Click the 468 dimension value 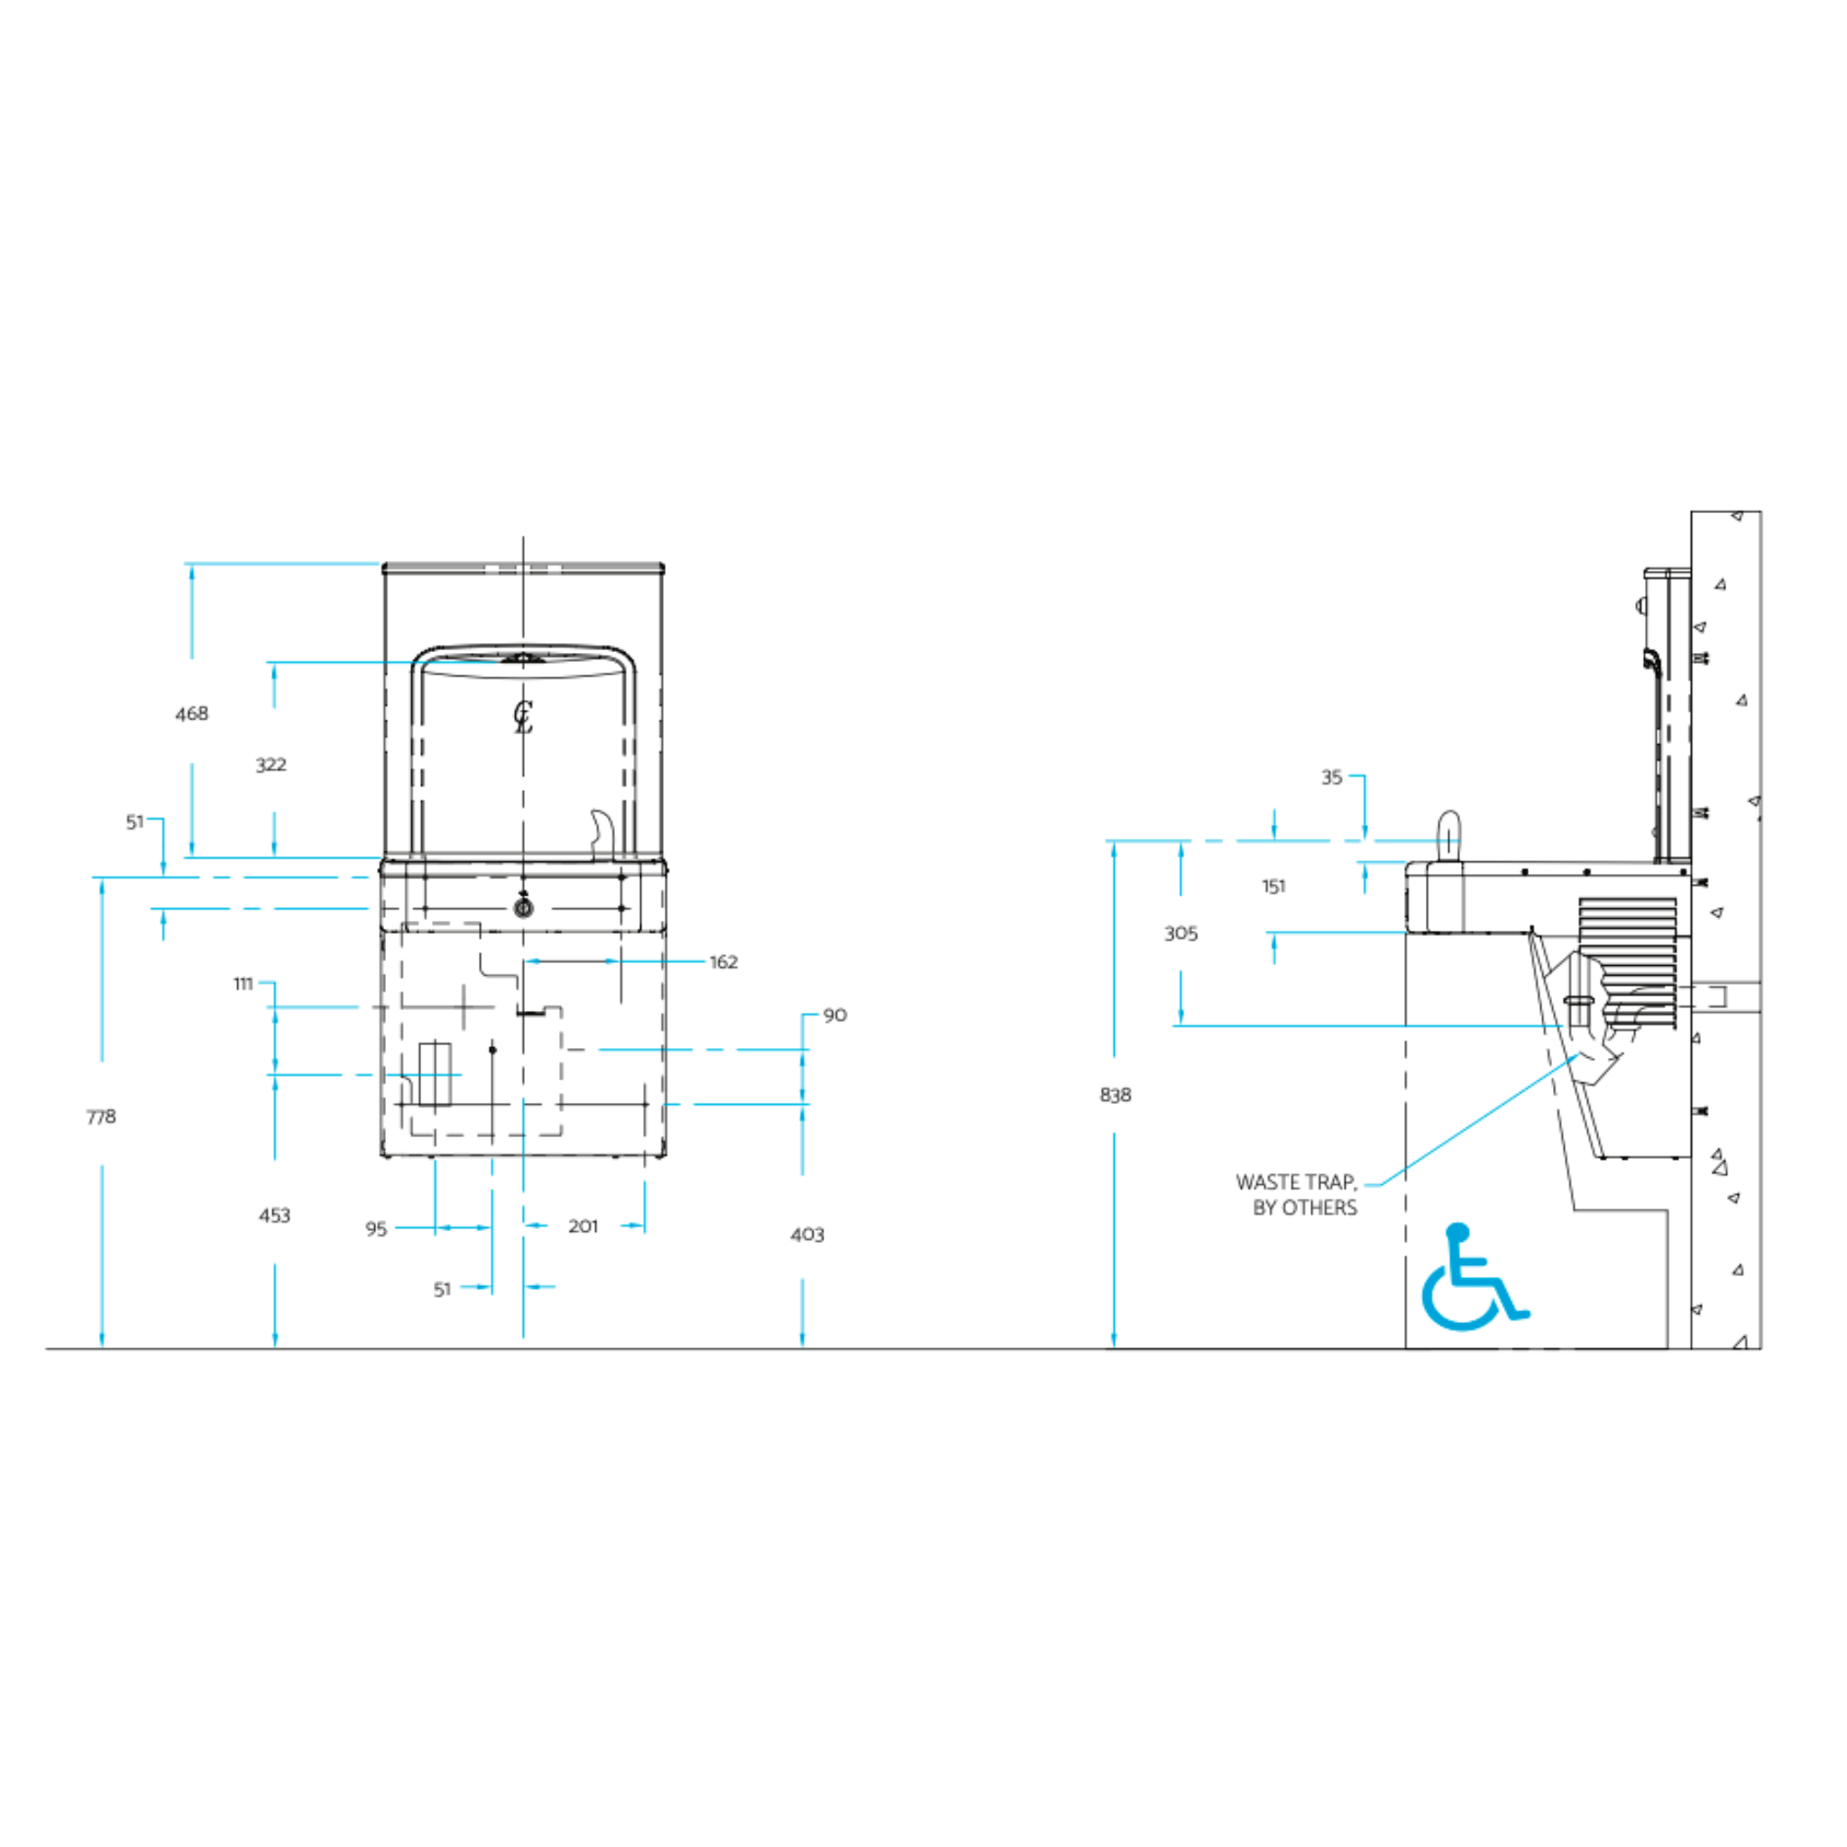191,713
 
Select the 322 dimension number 271,764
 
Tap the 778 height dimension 100,1116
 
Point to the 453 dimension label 274,1215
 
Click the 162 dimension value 723,961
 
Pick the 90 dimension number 834,1015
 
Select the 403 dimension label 807,1235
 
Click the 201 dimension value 584,1226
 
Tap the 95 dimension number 376,1228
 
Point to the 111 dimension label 243,984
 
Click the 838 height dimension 1115,1095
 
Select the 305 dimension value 1181,933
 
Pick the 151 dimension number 1273,887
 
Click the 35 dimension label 1332,777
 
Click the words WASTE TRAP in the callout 1296,1181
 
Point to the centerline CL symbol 523,717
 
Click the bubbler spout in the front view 602,832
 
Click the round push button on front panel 523,907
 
